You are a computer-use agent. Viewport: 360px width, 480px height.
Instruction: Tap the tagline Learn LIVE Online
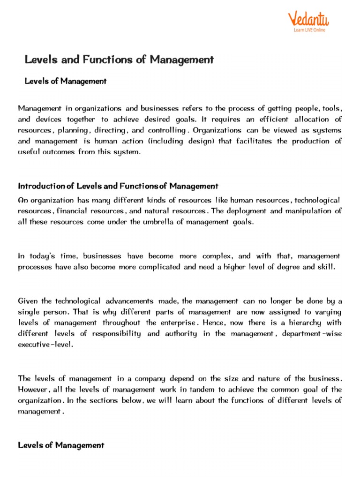coord(309,30)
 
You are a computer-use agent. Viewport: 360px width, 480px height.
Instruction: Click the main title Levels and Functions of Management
coord(119,60)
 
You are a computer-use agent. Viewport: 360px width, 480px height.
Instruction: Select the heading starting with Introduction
coord(118,186)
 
